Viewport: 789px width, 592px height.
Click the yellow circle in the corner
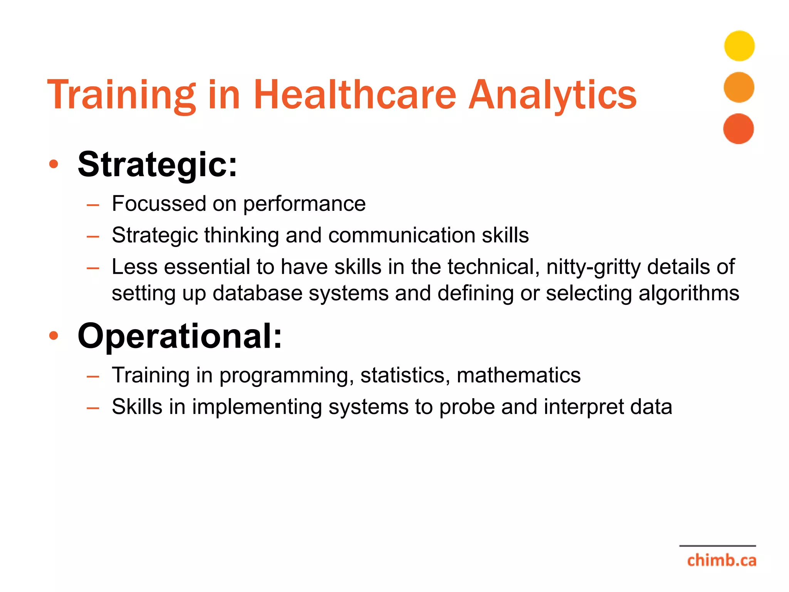click(739, 46)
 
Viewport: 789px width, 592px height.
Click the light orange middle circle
click(739, 87)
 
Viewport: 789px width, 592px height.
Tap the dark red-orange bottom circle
click(738, 129)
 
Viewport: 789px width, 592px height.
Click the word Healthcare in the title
click(355, 94)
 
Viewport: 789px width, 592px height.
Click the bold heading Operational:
click(180, 336)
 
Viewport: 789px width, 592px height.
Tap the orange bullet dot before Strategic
click(54, 165)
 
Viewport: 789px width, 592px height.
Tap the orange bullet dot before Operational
click(54, 336)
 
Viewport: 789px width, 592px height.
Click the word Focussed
click(159, 203)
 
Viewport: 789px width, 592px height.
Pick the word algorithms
click(688, 293)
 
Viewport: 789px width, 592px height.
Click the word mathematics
click(518, 375)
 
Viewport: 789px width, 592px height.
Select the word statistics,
click(405, 375)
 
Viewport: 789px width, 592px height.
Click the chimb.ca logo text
click(721, 560)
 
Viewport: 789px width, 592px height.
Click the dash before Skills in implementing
click(93, 407)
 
